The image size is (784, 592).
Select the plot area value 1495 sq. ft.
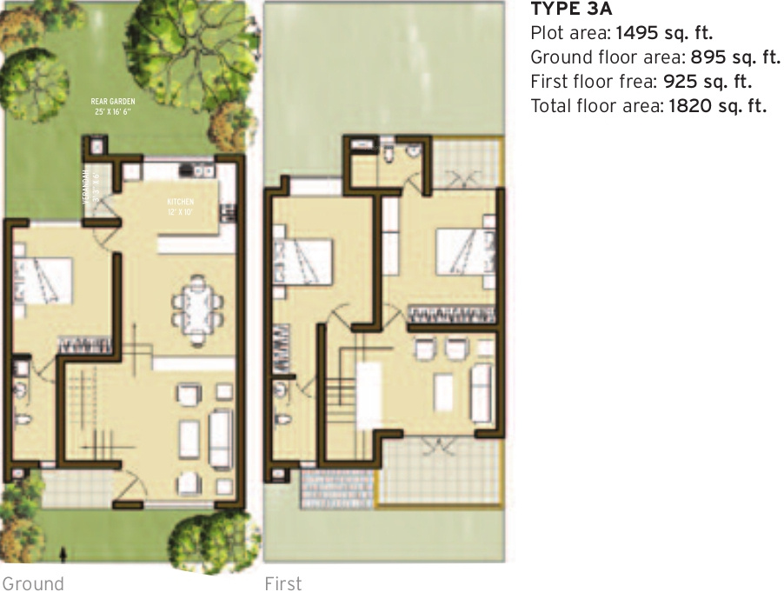[x=664, y=35]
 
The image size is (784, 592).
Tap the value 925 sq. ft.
[x=707, y=82]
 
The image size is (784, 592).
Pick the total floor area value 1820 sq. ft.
[x=717, y=106]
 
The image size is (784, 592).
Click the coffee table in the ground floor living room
[x=189, y=438]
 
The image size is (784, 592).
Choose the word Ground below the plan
[x=32, y=582]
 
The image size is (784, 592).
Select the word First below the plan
[x=283, y=582]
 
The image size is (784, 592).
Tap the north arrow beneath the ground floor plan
[x=62, y=552]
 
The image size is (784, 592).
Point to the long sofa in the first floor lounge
[x=481, y=393]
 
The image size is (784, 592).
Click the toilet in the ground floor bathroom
[x=23, y=425]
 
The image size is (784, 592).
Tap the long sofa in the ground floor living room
[x=221, y=438]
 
